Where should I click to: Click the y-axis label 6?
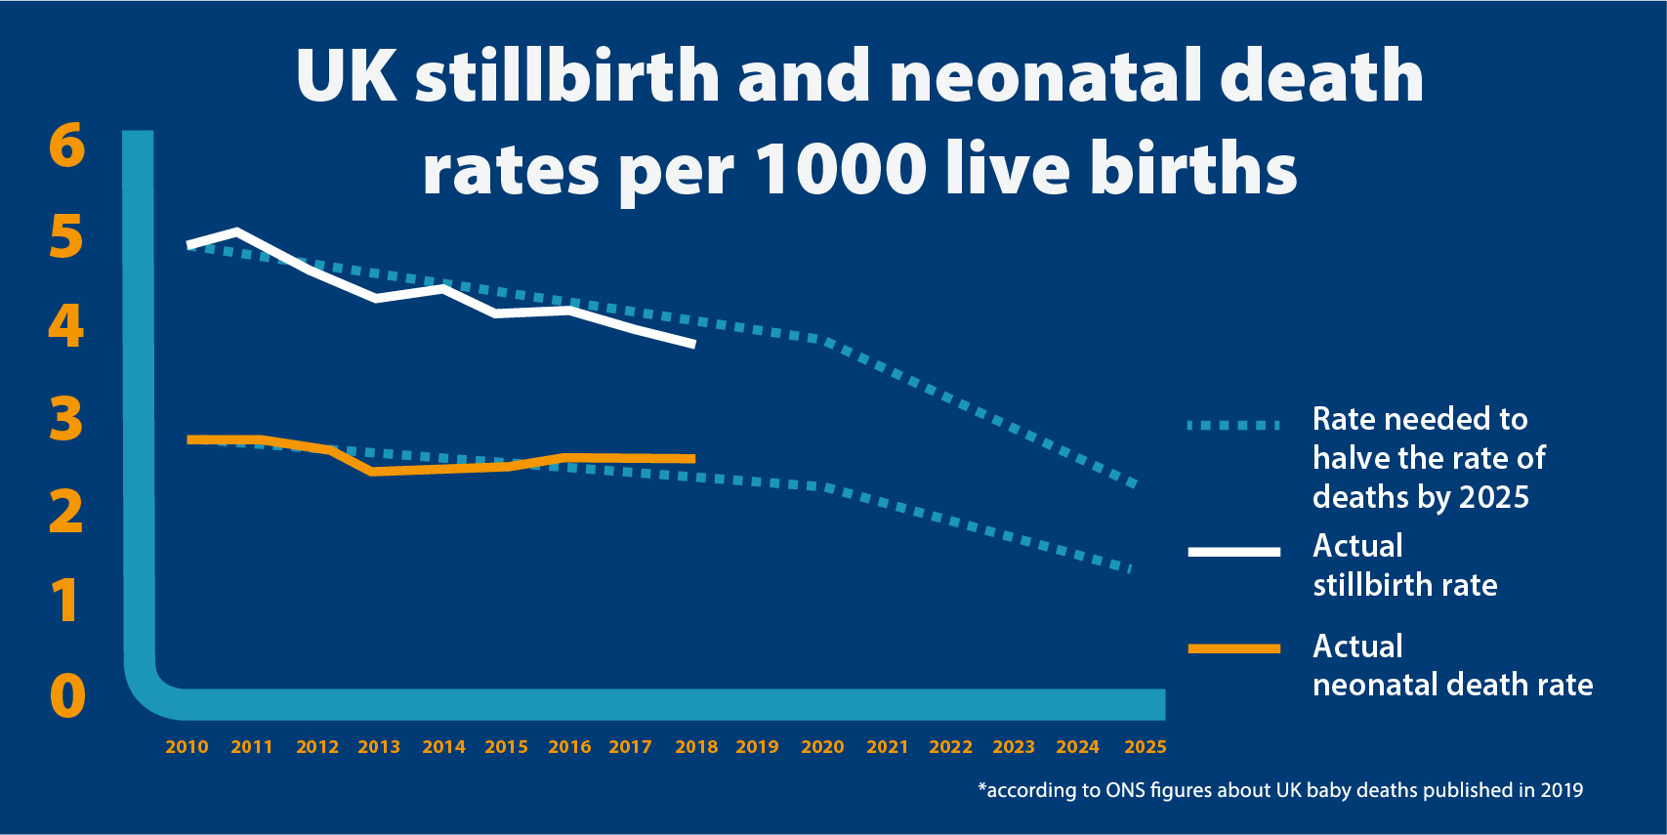pos(66,146)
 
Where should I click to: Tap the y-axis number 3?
pos(66,419)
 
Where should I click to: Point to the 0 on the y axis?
pos(67,696)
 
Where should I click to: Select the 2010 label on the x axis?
pos(187,747)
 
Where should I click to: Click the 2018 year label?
pos(695,747)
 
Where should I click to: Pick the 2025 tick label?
pos(1145,747)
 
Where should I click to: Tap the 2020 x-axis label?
pos(822,747)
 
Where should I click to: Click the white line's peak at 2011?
pos(237,231)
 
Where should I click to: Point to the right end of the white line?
pos(692,344)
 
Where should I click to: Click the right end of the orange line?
pos(692,458)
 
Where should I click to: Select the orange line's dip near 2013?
pos(373,472)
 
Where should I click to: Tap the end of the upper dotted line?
pos(1134,483)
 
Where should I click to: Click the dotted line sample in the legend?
pos(1233,425)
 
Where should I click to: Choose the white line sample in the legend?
pos(1233,552)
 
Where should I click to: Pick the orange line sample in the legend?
pos(1233,648)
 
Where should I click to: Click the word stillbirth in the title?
pos(567,76)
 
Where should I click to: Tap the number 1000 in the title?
pos(841,169)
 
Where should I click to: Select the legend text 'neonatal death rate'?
pos(1452,685)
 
